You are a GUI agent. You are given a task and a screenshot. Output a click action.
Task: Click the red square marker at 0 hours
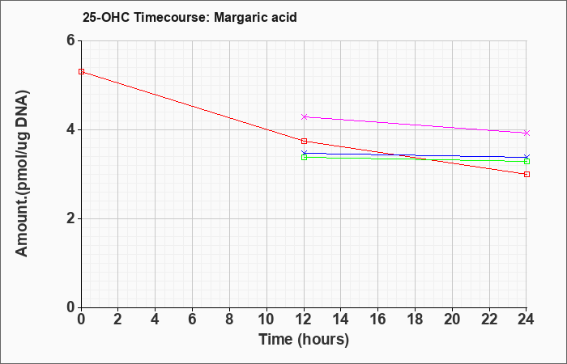click(x=81, y=71)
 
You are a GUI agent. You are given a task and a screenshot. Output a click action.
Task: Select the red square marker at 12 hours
click(x=304, y=141)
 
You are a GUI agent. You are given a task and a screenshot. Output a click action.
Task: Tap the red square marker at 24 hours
click(x=526, y=174)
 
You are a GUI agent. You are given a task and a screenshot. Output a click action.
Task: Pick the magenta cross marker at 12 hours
click(x=304, y=116)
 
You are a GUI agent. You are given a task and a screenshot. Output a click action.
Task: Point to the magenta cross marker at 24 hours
click(x=526, y=133)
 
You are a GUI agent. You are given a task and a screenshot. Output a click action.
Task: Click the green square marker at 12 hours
click(x=304, y=157)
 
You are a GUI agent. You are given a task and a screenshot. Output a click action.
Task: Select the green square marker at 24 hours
click(x=526, y=161)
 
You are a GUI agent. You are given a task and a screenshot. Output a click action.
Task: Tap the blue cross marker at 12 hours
click(x=304, y=153)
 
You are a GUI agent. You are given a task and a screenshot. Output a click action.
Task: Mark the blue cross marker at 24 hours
click(x=526, y=157)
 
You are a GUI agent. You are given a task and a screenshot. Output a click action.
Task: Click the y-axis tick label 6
click(x=70, y=40)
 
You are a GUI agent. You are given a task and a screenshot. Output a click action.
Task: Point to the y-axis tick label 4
click(x=70, y=129)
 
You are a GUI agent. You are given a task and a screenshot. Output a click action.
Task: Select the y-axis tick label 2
click(x=70, y=218)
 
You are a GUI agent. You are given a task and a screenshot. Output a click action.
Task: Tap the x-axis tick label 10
click(x=266, y=320)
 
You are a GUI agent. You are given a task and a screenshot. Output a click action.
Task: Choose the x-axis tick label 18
click(x=415, y=320)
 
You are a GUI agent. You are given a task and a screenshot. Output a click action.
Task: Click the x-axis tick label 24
click(x=526, y=320)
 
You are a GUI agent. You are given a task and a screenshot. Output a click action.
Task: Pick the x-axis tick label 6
click(x=193, y=320)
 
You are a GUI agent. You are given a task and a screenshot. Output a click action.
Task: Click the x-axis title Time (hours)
click(x=304, y=340)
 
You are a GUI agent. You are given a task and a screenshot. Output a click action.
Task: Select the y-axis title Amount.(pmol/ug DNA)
click(x=23, y=173)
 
